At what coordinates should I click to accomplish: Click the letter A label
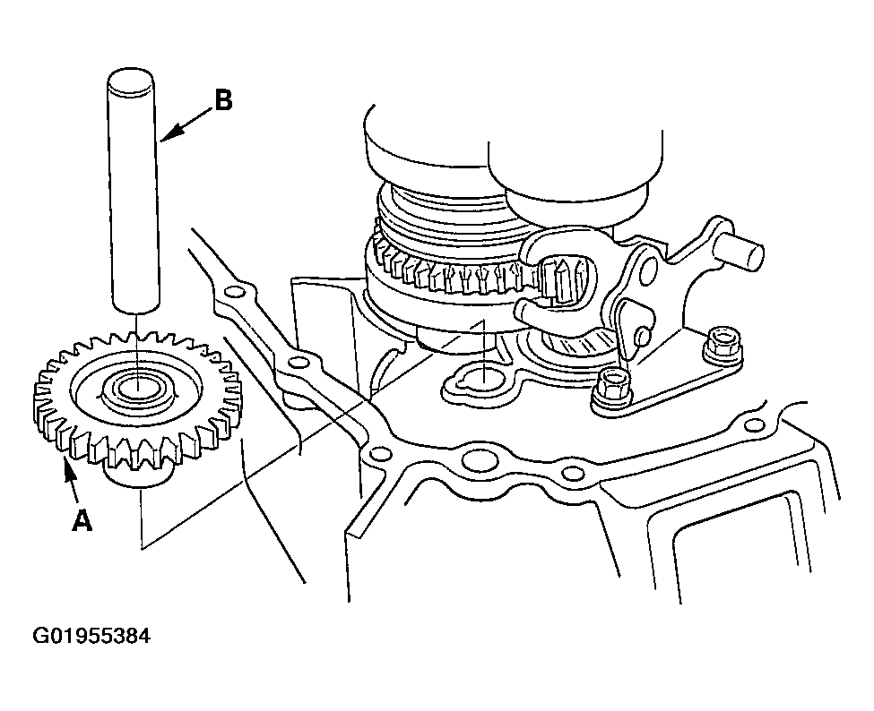[82, 521]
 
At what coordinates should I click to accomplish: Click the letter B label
[223, 101]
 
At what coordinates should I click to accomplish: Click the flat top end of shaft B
[131, 79]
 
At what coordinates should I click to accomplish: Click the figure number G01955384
[91, 635]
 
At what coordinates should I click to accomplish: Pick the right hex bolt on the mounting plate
[723, 346]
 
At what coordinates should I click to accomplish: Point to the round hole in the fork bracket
[648, 267]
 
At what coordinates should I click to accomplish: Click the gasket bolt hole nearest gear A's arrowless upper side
[235, 292]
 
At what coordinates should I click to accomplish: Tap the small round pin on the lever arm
[642, 335]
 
